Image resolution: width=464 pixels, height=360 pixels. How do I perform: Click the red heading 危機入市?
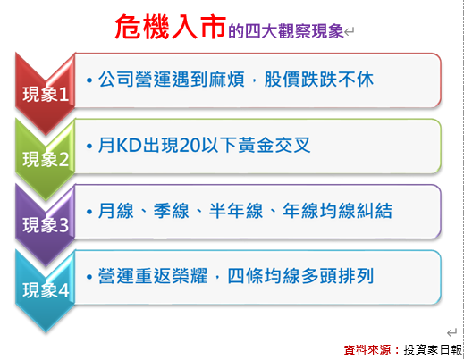[x=171, y=27]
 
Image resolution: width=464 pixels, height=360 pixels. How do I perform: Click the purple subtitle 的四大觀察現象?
[x=286, y=31]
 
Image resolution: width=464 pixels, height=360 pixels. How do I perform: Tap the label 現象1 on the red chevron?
[x=46, y=94]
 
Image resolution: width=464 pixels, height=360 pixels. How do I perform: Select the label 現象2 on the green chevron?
[x=46, y=159]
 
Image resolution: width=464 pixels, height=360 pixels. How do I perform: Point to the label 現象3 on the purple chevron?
[x=46, y=225]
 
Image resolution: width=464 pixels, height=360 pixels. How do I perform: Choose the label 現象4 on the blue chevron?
[x=46, y=290]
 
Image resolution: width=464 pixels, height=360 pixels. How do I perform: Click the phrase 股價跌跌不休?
[x=319, y=80]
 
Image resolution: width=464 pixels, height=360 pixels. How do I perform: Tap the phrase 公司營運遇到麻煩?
[x=172, y=80]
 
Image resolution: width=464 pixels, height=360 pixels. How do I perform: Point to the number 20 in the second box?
[x=190, y=146]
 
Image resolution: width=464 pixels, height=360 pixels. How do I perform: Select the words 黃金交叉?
[x=274, y=146]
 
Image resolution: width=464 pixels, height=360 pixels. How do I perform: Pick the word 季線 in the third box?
[x=172, y=211]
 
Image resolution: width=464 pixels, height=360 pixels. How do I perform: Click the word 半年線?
[x=236, y=211]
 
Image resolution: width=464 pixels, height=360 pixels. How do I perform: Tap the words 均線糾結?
[x=356, y=211]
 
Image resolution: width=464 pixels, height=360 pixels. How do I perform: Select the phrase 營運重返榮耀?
[x=153, y=276]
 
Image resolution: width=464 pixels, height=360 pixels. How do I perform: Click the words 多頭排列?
[x=337, y=276]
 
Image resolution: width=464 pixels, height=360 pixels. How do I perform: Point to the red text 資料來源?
[x=367, y=350]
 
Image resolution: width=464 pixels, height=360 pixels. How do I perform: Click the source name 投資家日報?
[x=433, y=350]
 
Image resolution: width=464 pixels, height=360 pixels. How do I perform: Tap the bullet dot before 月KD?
[x=89, y=146]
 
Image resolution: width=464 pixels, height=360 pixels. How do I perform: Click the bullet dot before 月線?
[x=89, y=212]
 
